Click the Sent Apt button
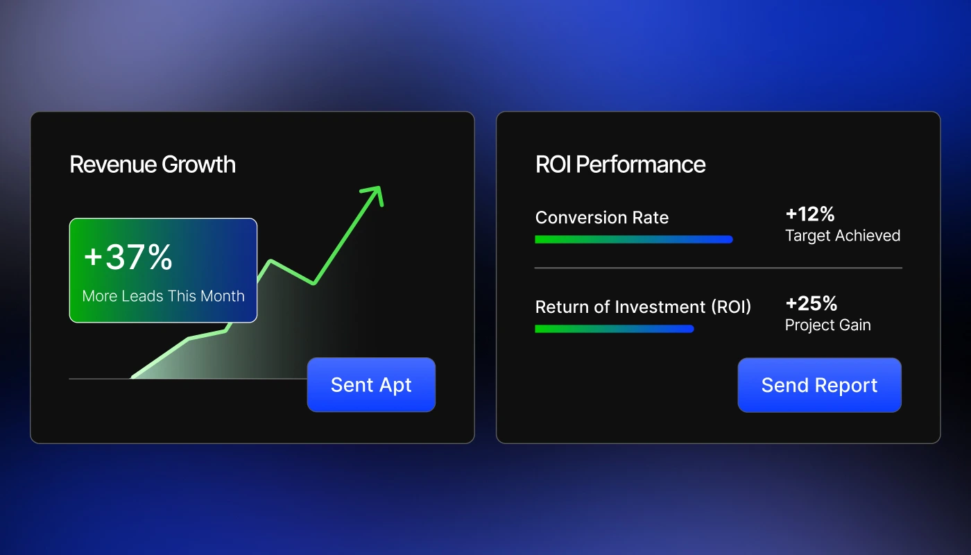pos(371,385)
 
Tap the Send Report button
pos(819,385)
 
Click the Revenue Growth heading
pos(153,164)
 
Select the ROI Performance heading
pos(620,164)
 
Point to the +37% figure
pos(128,257)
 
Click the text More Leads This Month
pos(163,296)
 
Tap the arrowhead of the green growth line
pos(375,193)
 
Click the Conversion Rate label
pos(602,218)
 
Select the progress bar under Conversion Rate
pos(633,239)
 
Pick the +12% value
pos(809,214)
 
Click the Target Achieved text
pos(842,236)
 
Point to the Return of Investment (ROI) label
pos(643,307)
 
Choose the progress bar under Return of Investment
pos(614,329)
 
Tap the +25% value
pos(811,303)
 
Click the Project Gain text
pos(827,325)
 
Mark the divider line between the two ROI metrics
pos(718,268)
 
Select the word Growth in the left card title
pos(198,164)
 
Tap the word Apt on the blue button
pos(396,386)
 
